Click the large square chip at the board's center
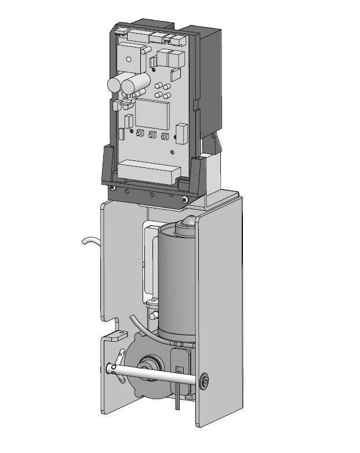pos(152,115)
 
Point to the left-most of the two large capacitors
pos(115,84)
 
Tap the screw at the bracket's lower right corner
pos(184,199)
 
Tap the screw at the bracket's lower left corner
pos(112,187)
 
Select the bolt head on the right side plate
pos(203,382)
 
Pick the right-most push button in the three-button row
pos(165,137)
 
